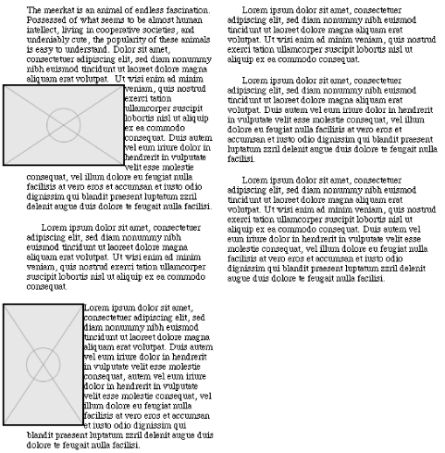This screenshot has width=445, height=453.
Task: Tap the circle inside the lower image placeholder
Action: (x=43, y=363)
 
